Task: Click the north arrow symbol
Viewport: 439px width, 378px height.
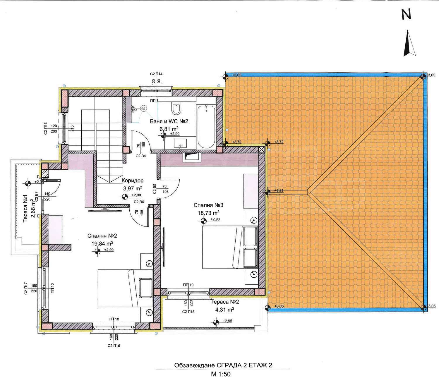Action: pos(409,46)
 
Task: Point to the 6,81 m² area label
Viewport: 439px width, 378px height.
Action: pos(169,129)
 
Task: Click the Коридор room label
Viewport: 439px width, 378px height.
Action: pos(133,181)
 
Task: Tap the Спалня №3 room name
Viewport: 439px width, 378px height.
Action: pos(208,205)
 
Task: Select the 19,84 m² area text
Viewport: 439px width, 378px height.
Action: pos(102,243)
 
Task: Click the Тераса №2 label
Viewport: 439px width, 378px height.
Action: pos(225,302)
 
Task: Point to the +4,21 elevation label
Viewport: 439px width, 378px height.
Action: pos(279,190)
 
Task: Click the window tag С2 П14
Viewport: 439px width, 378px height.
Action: pos(156,74)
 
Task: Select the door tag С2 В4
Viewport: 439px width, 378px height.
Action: pos(141,156)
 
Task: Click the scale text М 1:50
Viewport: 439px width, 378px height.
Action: pos(220,374)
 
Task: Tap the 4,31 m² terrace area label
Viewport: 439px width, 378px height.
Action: pos(225,310)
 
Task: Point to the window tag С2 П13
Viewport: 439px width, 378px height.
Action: pos(45,128)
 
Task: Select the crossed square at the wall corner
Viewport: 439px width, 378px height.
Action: pos(262,150)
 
